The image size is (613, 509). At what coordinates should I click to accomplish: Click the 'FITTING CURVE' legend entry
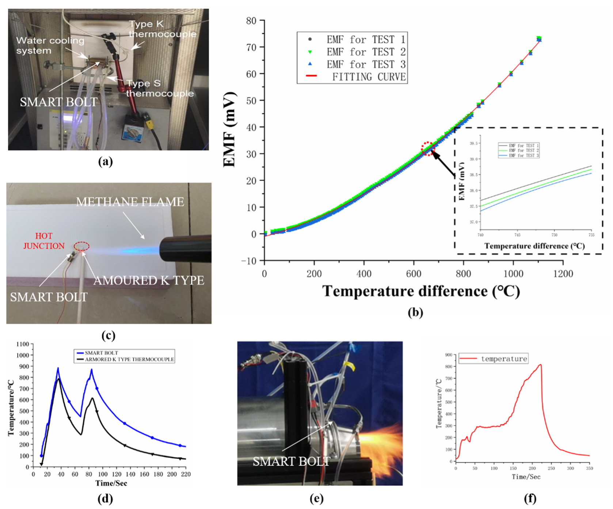[x=369, y=77]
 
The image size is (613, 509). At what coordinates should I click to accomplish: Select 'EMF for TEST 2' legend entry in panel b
[x=366, y=52]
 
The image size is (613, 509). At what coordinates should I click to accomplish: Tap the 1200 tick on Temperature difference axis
[x=563, y=274]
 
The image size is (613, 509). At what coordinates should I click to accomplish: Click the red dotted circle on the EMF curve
[x=428, y=149]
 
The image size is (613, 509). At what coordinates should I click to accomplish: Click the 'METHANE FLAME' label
[x=130, y=202]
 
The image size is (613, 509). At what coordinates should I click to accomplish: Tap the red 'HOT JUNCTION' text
[x=44, y=241]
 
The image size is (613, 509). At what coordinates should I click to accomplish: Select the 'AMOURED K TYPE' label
[x=149, y=280]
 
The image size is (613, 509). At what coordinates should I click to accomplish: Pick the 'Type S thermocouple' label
[x=159, y=88]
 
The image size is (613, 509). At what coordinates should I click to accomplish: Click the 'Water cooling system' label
[x=50, y=45]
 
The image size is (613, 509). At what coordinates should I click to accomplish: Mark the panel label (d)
[x=105, y=498]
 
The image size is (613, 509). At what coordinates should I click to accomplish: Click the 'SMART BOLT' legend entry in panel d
[x=101, y=353]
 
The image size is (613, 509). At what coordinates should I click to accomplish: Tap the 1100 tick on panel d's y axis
[x=22, y=344]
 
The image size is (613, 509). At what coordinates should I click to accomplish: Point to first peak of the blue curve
[x=58, y=368]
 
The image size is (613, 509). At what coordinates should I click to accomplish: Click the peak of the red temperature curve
[x=540, y=364]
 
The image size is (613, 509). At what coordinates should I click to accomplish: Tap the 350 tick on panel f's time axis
[x=589, y=468]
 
